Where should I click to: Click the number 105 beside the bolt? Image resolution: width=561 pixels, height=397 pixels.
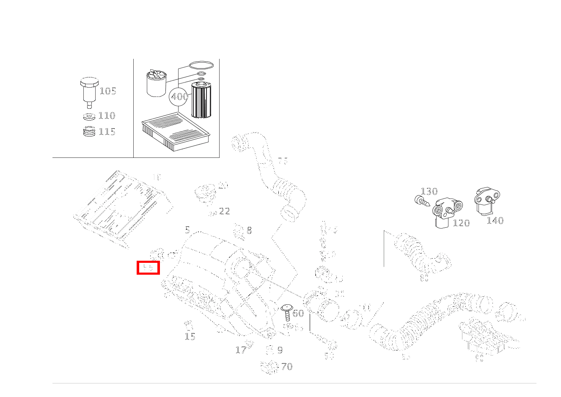point(107,91)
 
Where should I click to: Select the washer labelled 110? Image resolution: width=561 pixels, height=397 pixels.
point(88,116)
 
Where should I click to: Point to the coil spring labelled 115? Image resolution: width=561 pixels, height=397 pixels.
point(88,132)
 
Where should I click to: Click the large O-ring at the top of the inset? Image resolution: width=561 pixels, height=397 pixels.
point(201,66)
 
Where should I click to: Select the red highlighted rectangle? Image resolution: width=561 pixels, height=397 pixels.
point(148,268)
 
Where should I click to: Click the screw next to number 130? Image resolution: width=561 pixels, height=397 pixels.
point(421,201)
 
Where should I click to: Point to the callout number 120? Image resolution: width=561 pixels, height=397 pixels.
point(461,223)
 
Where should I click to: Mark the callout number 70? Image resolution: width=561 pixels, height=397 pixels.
point(286,367)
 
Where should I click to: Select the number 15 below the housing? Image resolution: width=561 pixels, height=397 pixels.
point(190,336)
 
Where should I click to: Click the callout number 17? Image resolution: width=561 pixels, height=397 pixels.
point(241,350)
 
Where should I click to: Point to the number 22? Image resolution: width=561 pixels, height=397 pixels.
point(224,211)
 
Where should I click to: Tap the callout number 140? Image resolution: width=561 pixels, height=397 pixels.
point(495,221)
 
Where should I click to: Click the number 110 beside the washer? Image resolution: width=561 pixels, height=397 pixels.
point(107,116)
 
